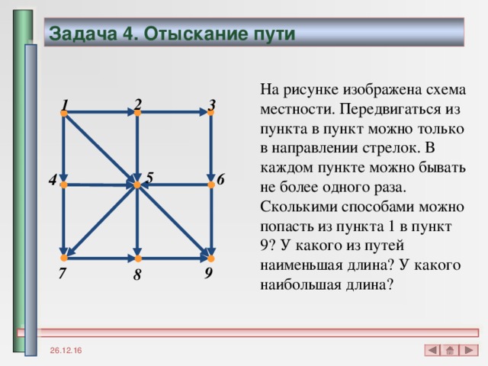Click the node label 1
coord(66,105)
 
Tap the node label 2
coord(137,103)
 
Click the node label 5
coord(150,177)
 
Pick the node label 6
coord(220,180)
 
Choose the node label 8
coord(136,275)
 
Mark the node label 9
coord(208,271)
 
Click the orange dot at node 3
coord(210,114)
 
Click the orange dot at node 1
coord(64,114)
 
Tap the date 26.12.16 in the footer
coord(68,349)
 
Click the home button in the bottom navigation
coord(451,350)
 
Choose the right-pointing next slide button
coord(470,350)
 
